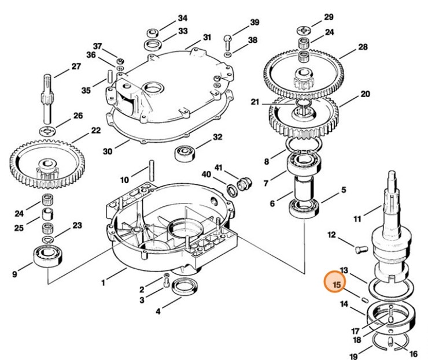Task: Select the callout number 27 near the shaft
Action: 76,66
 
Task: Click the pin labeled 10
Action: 152,169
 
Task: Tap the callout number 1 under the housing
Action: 103,283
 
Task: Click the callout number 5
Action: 343,190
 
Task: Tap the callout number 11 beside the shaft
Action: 357,218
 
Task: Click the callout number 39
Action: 254,23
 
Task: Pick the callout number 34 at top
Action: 183,18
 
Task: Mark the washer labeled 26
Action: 47,127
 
